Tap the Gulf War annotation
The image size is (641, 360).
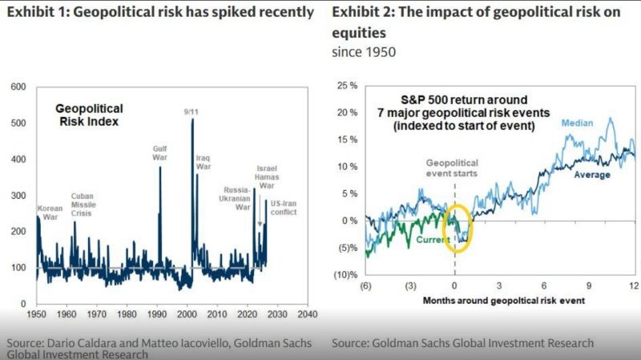[159, 153]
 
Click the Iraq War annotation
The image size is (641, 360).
[204, 164]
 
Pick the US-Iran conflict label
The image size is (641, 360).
[284, 208]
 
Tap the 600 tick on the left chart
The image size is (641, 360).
[18, 87]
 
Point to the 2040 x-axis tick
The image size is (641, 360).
[308, 313]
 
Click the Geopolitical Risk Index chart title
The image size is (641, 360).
[89, 114]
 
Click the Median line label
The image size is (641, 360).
[577, 123]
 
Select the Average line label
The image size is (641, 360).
[593, 175]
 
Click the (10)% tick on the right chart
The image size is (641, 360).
[345, 275]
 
